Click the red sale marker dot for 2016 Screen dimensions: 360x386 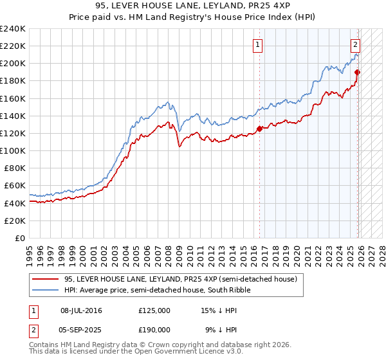[x=260, y=129]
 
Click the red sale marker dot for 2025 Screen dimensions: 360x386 [x=358, y=72]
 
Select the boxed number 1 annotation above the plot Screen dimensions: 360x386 [x=257, y=44]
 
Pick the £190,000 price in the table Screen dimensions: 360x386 [x=154, y=328]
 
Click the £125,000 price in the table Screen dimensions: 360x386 [x=154, y=310]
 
